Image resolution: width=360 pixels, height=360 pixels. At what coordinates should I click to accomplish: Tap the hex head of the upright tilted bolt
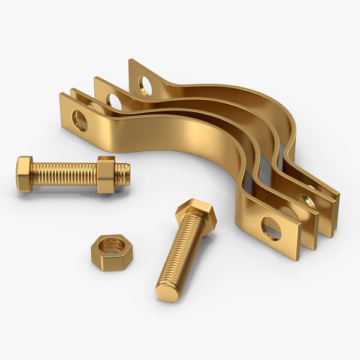[195, 212]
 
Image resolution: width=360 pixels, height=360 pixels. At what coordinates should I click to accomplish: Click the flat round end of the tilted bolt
[167, 292]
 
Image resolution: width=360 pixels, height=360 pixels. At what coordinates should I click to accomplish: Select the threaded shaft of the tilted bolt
[180, 252]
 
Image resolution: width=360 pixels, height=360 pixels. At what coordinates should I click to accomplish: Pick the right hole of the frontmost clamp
[271, 229]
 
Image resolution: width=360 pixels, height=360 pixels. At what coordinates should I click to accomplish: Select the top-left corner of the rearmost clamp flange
[131, 61]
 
